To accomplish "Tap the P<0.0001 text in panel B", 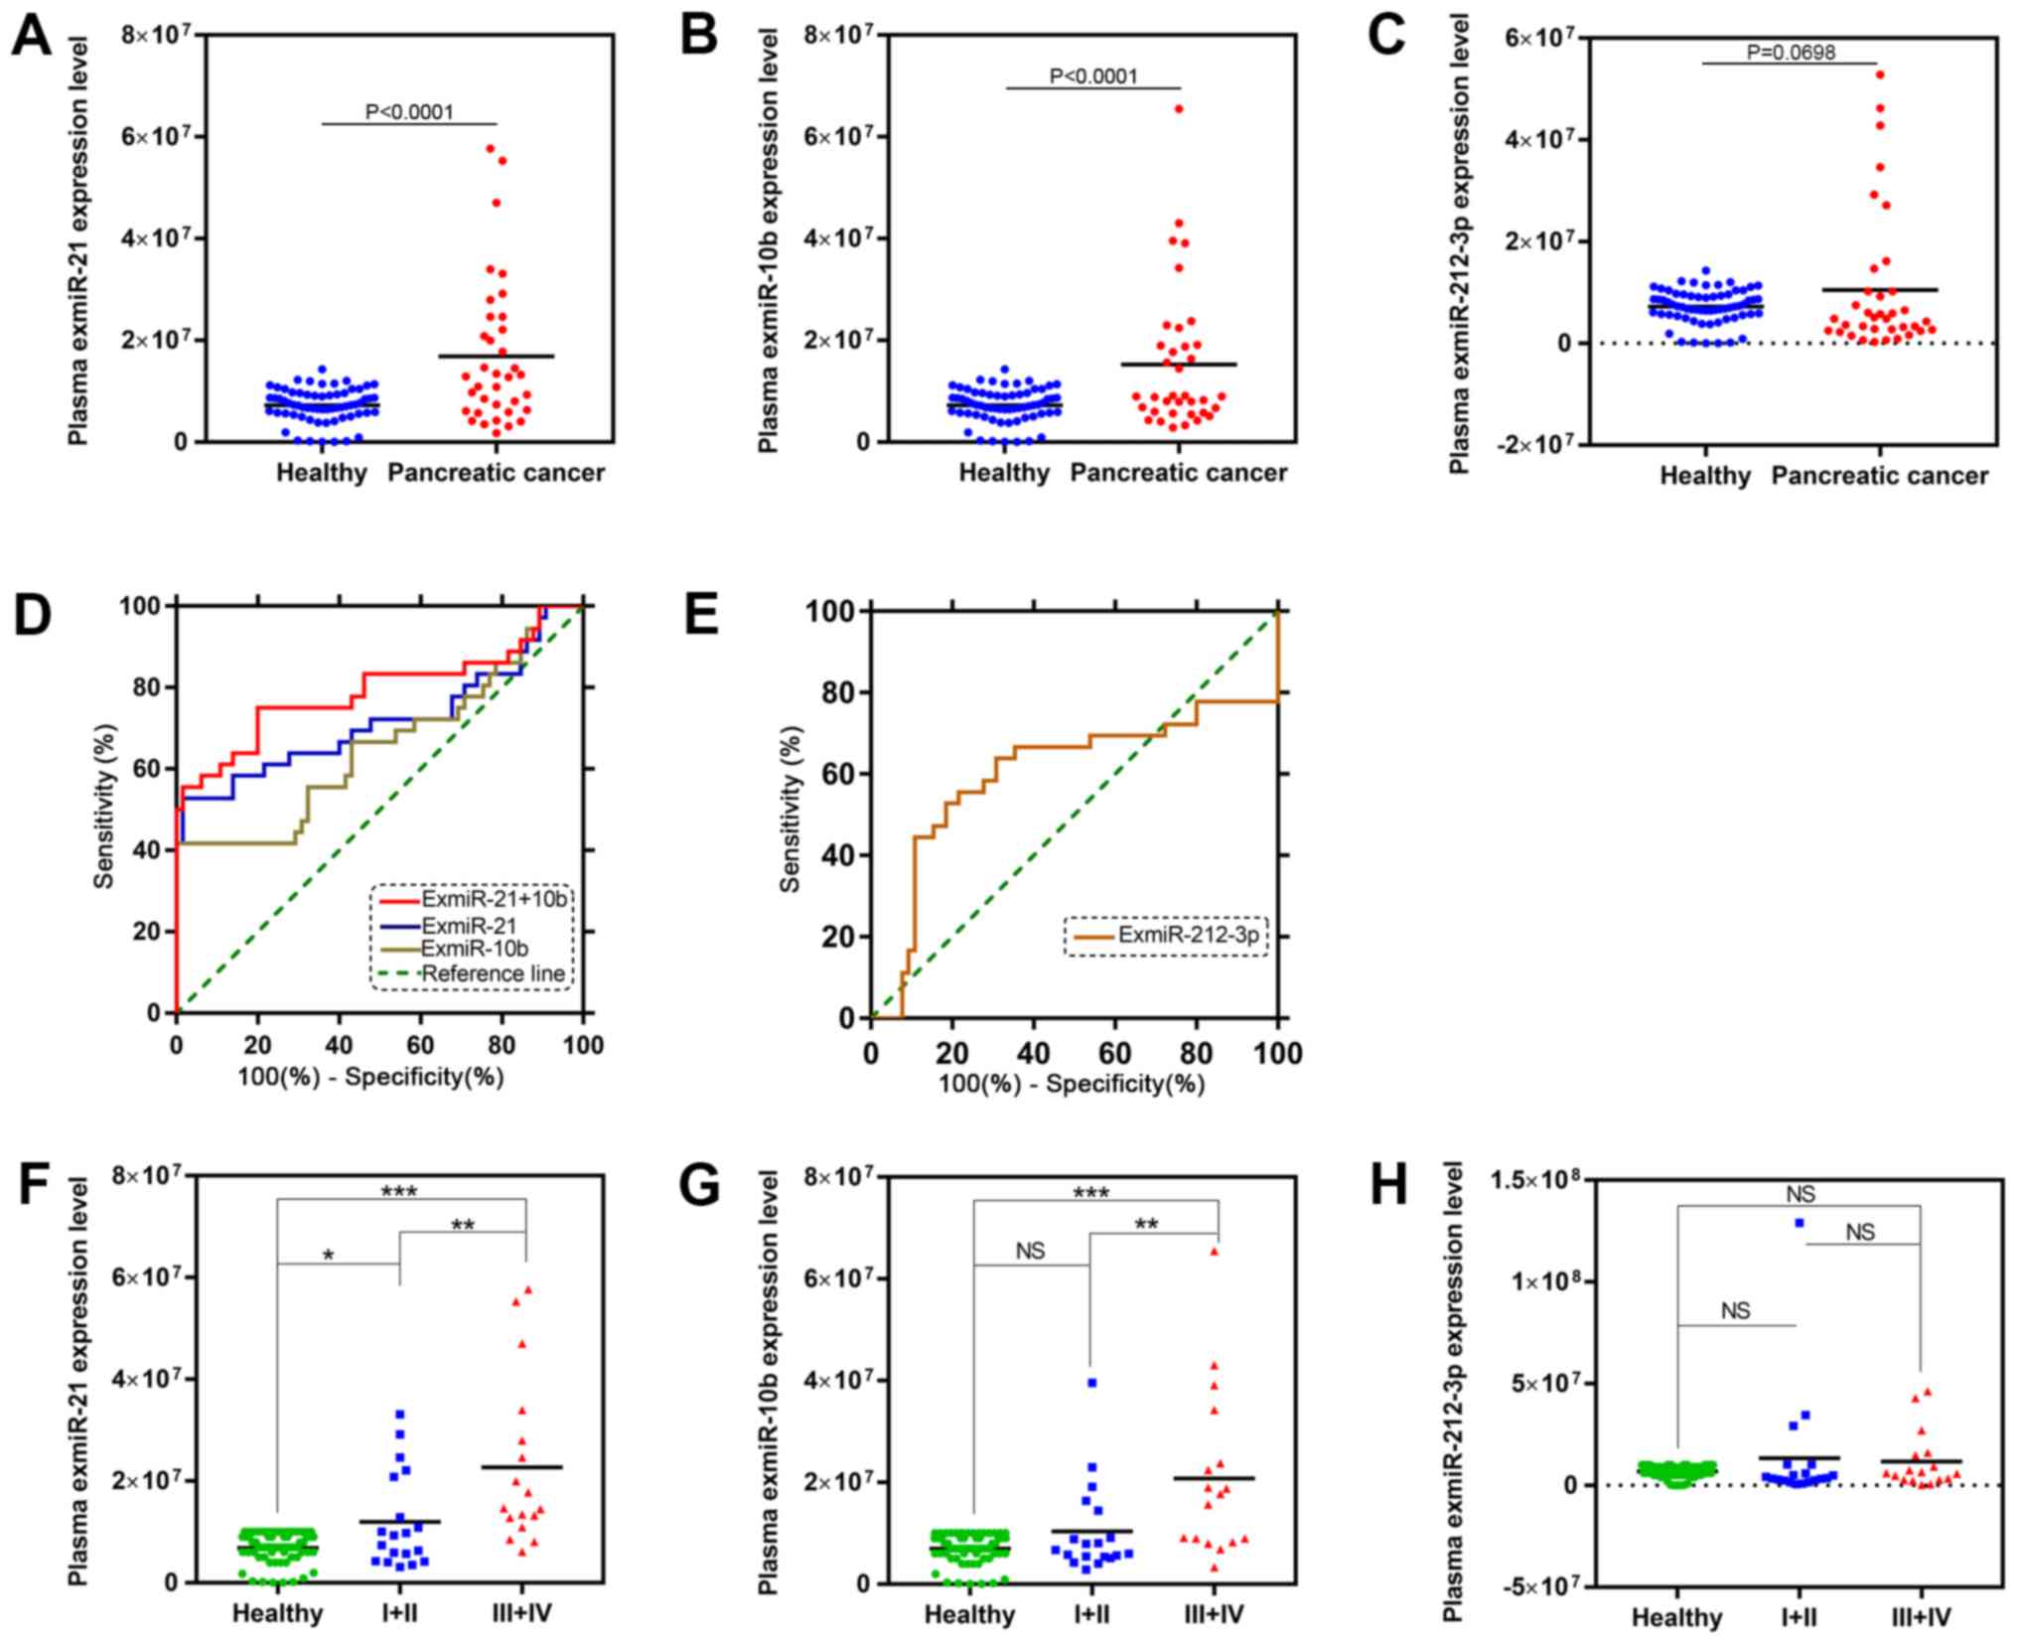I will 1093,76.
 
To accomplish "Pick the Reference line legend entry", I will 493,973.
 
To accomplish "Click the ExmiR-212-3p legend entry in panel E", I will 1188,935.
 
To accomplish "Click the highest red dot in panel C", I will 1879,75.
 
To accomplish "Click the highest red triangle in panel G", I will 1214,1252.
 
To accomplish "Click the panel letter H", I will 1389,1186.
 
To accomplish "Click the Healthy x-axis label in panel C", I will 1704,477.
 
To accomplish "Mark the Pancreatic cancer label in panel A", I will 496,473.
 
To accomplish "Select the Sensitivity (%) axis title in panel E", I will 791,810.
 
